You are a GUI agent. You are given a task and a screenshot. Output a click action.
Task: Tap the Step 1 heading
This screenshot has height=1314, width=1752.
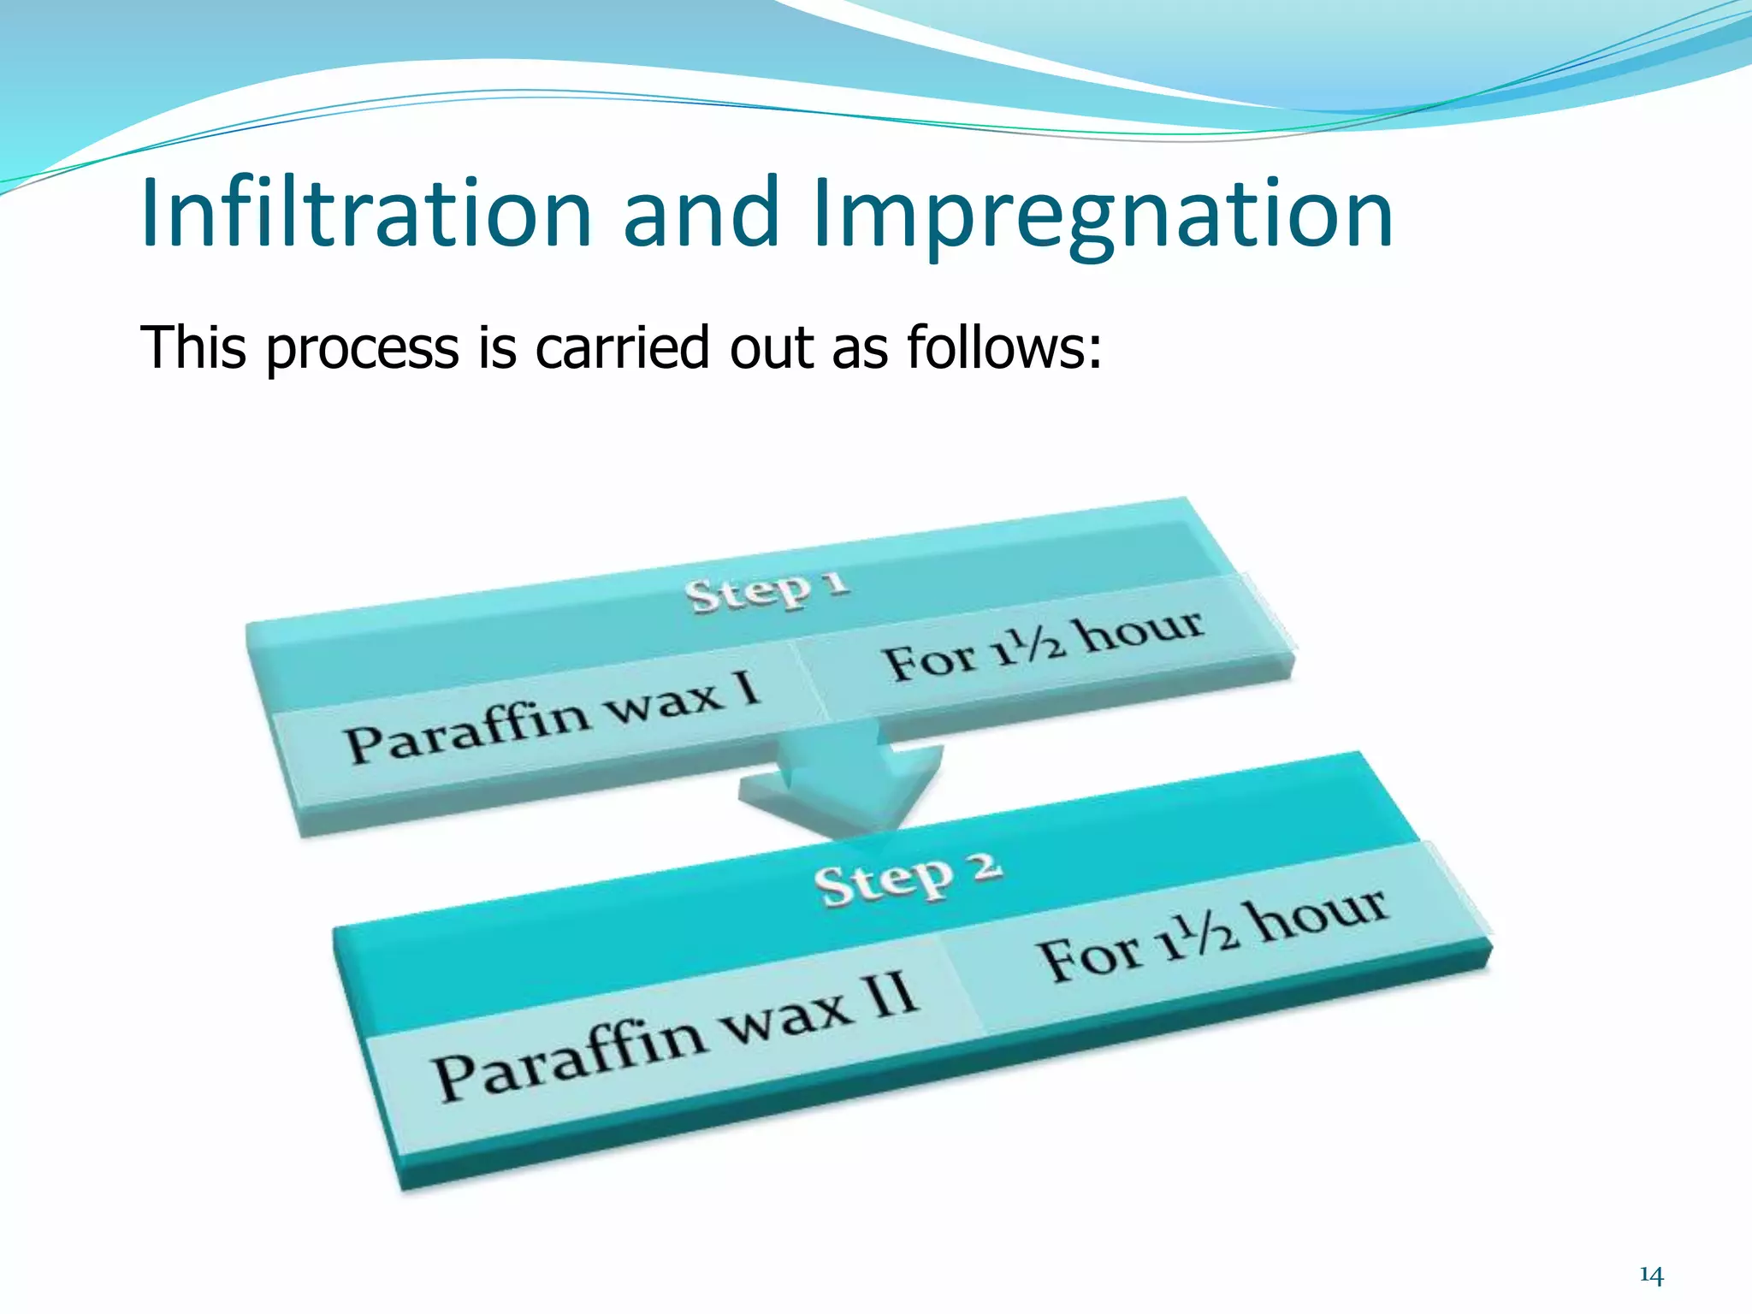pos(767,591)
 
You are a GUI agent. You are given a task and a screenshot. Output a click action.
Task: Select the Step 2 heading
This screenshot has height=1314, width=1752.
pos(908,879)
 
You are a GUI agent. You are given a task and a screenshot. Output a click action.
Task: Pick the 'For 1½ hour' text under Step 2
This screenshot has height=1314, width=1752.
pos(1212,936)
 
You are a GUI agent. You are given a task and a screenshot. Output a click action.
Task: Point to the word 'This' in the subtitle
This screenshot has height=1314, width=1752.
pos(193,348)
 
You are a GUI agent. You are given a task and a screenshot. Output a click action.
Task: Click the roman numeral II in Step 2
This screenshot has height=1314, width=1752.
pos(894,997)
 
